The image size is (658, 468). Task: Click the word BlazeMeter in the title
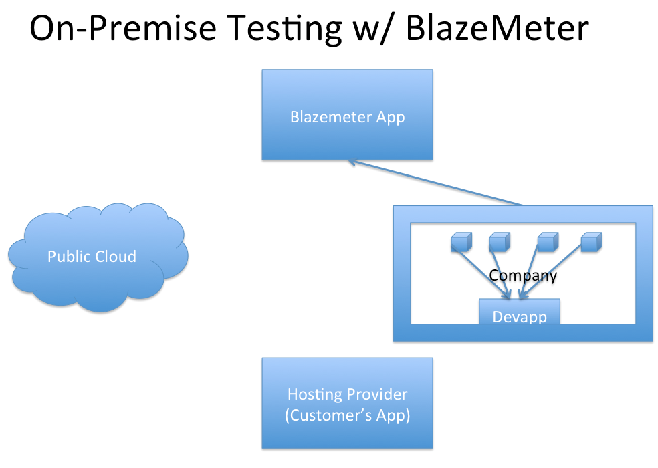[498, 28]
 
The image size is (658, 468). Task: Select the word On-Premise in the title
[123, 28]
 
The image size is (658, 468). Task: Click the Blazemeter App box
[348, 114]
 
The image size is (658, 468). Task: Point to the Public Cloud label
[92, 257]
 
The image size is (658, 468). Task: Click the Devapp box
[520, 312]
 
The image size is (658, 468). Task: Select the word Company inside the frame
[523, 275]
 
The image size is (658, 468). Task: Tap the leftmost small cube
[461, 242]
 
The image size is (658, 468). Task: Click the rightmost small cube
[591, 242]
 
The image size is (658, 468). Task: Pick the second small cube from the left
[500, 242]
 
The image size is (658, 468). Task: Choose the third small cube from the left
[548, 242]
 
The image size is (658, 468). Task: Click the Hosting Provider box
[348, 403]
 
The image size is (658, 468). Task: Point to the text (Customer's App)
[348, 415]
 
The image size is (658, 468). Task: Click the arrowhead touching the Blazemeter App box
[352, 162]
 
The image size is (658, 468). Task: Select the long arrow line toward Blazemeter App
[435, 183]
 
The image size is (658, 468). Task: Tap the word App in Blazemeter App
[391, 118]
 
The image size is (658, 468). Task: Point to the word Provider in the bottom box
[377, 394]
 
